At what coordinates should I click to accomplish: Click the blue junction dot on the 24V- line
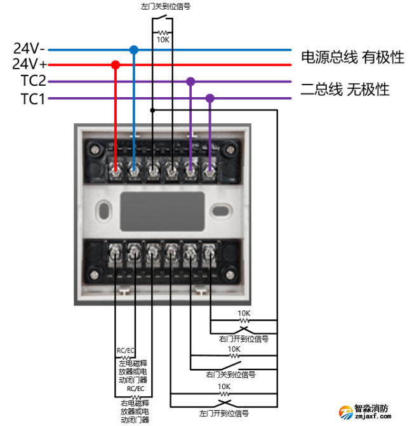pos(133,49)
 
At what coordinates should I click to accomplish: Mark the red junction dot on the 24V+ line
pos(116,65)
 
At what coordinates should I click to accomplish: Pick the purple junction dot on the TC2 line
pos(190,81)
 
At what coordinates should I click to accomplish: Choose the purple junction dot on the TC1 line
pos(209,98)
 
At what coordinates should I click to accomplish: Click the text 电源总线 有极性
pos(352,58)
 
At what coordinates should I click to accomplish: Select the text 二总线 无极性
pos(345,90)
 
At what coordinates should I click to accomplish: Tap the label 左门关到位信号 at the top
pos(165,6)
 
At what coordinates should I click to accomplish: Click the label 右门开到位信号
pos(244,338)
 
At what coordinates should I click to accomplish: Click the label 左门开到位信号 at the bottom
pos(223,413)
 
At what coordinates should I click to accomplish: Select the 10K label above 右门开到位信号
pos(244,313)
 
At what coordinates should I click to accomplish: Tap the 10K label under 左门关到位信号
pos(163,39)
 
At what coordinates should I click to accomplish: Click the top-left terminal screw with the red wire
pos(116,170)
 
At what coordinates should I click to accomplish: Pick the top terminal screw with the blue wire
pos(134,170)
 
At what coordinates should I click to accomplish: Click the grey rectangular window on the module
pos(163,213)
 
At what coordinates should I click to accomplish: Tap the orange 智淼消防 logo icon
pos(345,413)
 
